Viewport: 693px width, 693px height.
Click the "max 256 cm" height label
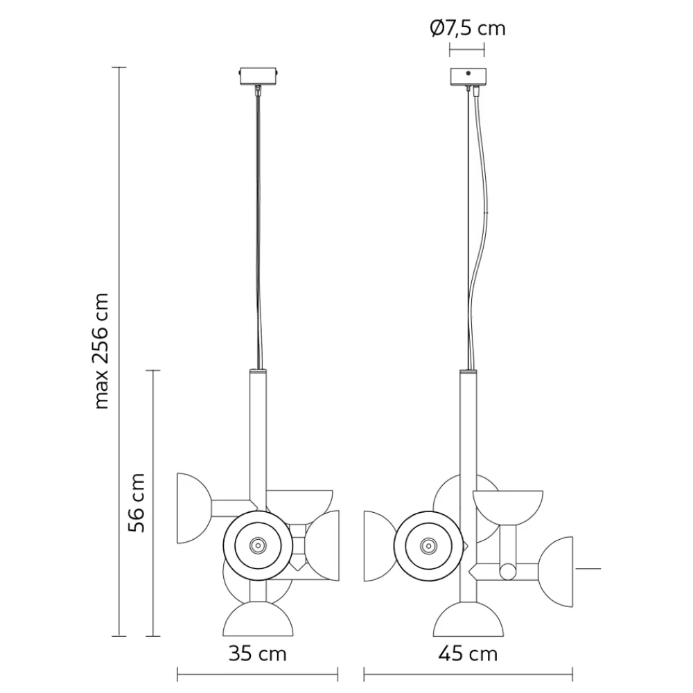point(103,350)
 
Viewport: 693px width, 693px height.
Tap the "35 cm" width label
point(257,653)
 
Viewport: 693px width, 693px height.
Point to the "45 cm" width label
point(468,653)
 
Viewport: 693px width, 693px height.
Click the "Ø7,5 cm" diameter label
point(467,28)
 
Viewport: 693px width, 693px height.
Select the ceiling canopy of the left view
point(258,75)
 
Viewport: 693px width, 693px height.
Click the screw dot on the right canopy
point(468,73)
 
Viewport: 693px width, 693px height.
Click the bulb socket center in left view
point(258,545)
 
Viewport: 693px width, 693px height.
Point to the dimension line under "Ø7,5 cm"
point(467,50)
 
